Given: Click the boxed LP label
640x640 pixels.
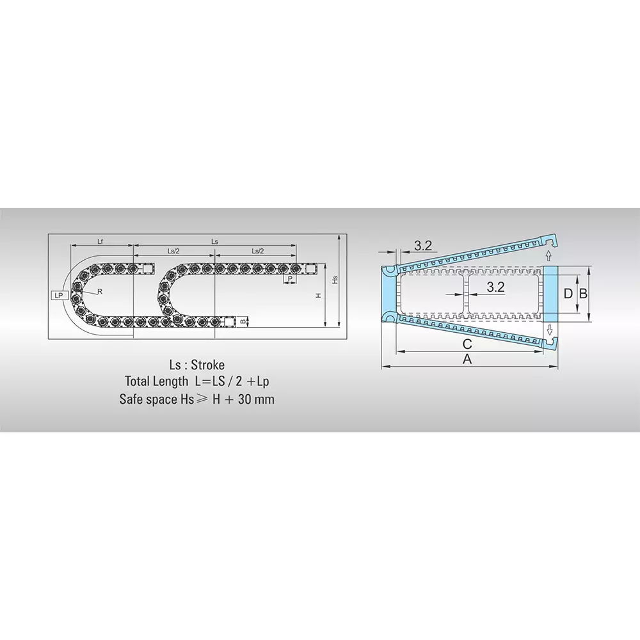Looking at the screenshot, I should (x=60, y=295).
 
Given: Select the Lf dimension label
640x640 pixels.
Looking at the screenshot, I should (x=100, y=241).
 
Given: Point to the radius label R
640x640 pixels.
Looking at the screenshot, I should (x=99, y=291).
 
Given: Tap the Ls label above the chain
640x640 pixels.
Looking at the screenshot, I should (x=215, y=241).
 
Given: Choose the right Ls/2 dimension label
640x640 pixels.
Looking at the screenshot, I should (x=258, y=251).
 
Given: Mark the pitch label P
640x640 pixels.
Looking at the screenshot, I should (x=290, y=279).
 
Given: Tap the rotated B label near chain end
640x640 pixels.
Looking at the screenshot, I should (x=243, y=321).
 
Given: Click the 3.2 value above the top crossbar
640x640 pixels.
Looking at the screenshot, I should (x=423, y=245).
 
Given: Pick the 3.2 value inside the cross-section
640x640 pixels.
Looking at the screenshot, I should (x=495, y=287).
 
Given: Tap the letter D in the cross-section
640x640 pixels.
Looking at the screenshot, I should (x=567, y=294).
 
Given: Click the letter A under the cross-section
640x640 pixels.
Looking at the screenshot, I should (x=467, y=360).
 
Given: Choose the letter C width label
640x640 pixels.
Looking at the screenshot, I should (x=467, y=344).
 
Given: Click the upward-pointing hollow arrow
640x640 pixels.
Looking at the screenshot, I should (x=548, y=255).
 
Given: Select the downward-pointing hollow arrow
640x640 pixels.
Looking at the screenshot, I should (x=548, y=330).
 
